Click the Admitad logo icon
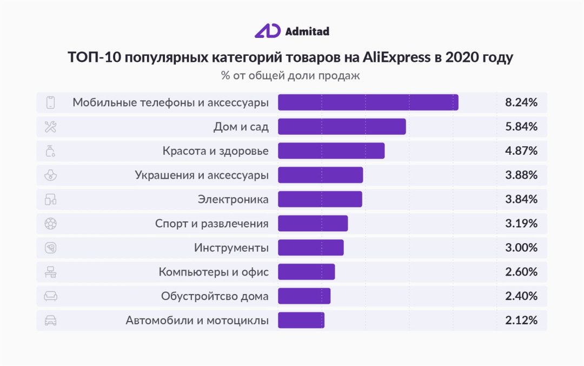tap(267, 31)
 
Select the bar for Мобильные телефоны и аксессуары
tap(368, 102)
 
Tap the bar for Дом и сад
tap(342, 127)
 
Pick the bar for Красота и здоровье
tap(331, 151)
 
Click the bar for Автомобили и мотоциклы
tap(301, 321)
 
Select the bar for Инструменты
tap(310, 248)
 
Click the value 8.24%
tap(521, 102)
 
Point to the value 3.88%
tap(521, 175)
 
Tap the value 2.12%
tap(521, 321)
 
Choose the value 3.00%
tap(521, 248)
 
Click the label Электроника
tap(233, 199)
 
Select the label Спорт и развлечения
tap(211, 224)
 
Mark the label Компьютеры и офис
tap(213, 272)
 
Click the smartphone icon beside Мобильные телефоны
tap(50, 102)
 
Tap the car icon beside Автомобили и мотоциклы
tap(50, 321)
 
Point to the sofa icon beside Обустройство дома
tap(50, 296)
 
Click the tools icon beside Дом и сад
tap(50, 127)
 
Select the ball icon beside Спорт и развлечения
tap(50, 224)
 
